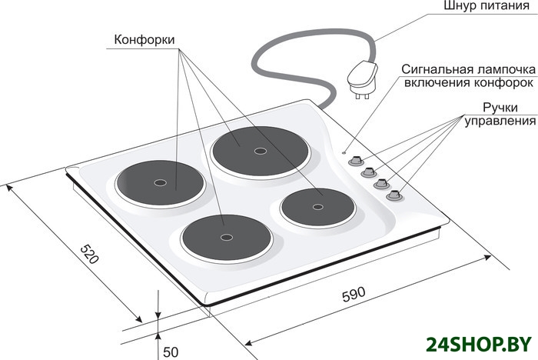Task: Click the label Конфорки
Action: click(x=144, y=39)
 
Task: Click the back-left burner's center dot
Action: click(x=160, y=183)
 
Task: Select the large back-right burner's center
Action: click(x=257, y=148)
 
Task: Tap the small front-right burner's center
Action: click(x=318, y=206)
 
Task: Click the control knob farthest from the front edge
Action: click(x=356, y=161)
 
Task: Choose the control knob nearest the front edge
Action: click(x=395, y=195)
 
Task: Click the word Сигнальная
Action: click(x=432, y=68)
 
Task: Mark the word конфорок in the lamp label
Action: click(x=506, y=82)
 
